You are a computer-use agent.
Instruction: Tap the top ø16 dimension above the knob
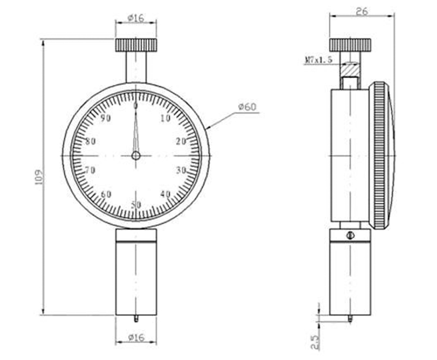pyautogui.click(x=135, y=18)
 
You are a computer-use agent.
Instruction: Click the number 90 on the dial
pyautogui.click(x=105, y=119)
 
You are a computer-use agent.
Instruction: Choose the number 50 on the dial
pyautogui.click(x=136, y=204)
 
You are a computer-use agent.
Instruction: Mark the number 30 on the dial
pyautogui.click(x=181, y=170)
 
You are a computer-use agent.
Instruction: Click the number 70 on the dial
pyautogui.click(x=90, y=170)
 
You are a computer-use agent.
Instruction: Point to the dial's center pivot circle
pyautogui.click(x=136, y=156)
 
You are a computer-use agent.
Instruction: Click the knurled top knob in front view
pyautogui.click(x=135, y=43)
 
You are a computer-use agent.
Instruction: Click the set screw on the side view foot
pyautogui.click(x=349, y=236)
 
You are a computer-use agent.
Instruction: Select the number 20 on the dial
pyautogui.click(x=181, y=141)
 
